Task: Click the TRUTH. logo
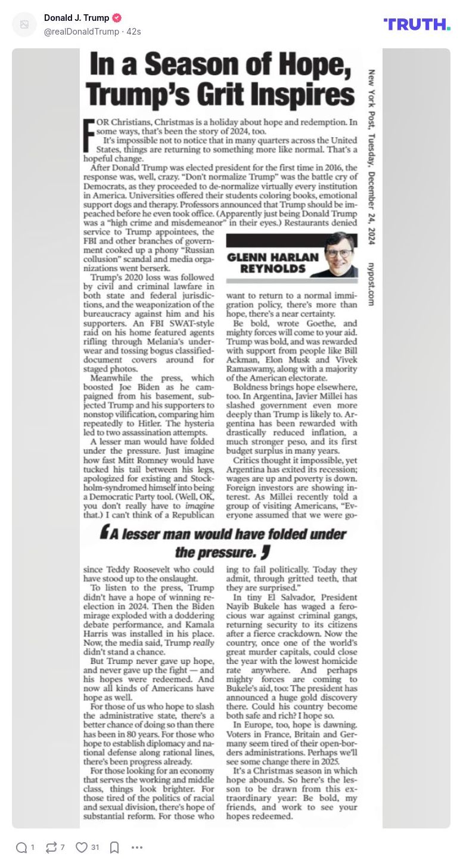417,24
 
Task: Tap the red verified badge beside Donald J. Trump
117,18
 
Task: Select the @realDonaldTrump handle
82,31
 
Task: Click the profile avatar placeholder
24,24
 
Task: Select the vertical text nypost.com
371,284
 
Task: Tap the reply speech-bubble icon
21,848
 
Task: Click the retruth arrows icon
51,848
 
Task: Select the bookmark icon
114,848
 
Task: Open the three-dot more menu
137,848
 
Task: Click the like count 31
95,848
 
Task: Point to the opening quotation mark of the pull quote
104,533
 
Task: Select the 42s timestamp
133,31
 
